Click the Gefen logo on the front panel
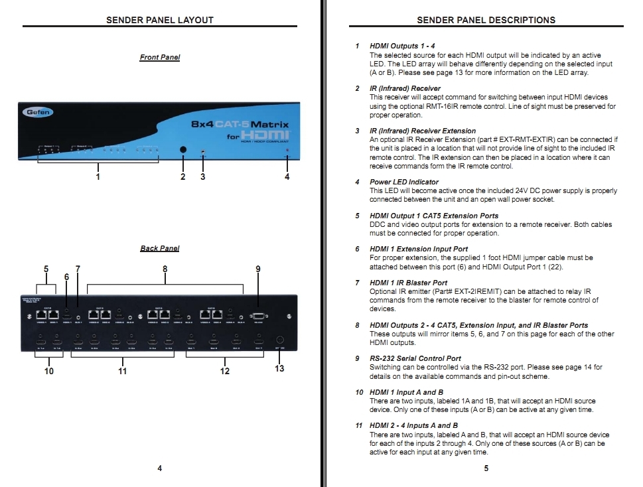(x=38, y=113)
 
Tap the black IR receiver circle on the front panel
(x=183, y=150)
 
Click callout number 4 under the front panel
(x=287, y=177)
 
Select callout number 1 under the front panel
(x=98, y=177)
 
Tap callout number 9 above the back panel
(x=258, y=269)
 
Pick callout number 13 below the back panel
(x=279, y=368)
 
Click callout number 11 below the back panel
(x=122, y=371)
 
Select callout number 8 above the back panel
(x=165, y=269)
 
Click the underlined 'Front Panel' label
(x=159, y=57)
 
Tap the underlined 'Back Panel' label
(x=159, y=248)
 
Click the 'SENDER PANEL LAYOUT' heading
(x=160, y=20)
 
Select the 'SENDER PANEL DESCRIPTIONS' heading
(x=486, y=20)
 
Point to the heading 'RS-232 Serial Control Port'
(x=415, y=358)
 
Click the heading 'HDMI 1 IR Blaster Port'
(x=408, y=283)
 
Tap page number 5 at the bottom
(x=486, y=468)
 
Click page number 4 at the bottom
(x=159, y=468)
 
